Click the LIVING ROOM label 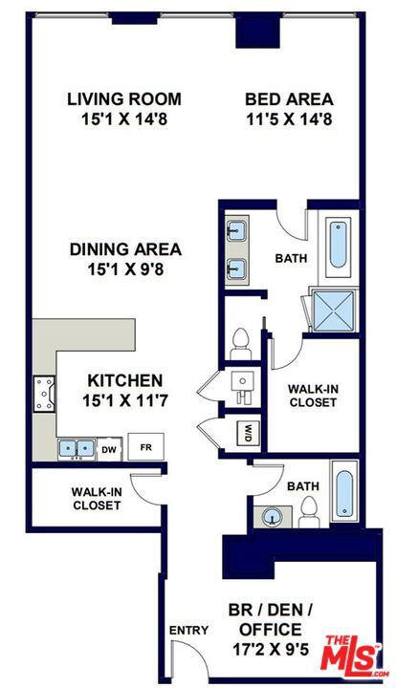click(124, 98)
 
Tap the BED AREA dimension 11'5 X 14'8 click(289, 119)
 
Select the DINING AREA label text click(125, 249)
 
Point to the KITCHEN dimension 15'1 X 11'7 click(125, 400)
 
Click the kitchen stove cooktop click(44, 394)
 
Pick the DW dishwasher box click(109, 449)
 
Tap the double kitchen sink click(77, 449)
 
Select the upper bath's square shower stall click(334, 311)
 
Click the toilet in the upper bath click(241, 344)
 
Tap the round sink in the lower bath click(273, 517)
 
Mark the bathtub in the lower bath click(344, 493)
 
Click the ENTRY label click(188, 631)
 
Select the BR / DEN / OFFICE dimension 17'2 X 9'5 click(271, 650)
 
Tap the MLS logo click(353, 654)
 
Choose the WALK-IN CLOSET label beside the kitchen click(97, 499)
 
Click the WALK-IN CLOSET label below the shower click(313, 396)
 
